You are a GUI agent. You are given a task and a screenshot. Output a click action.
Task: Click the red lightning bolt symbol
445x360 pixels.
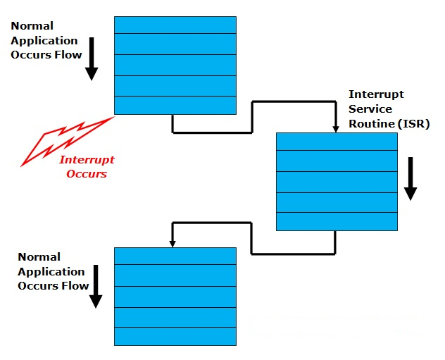click(67, 141)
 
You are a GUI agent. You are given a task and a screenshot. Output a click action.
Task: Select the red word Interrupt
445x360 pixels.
click(87, 160)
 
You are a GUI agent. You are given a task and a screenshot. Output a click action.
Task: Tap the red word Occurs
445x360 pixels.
click(87, 174)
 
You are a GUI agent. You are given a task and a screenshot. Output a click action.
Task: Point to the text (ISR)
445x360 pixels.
click(412, 124)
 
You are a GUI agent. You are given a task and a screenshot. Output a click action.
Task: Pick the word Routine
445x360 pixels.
click(371, 124)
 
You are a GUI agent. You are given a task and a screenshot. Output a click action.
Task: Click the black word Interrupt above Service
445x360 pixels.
click(376, 94)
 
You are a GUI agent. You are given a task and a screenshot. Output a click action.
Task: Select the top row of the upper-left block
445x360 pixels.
click(175, 25)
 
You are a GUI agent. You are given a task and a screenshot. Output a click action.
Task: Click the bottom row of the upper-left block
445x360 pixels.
click(175, 105)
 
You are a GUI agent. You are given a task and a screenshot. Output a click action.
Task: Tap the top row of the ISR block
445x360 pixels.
click(337, 142)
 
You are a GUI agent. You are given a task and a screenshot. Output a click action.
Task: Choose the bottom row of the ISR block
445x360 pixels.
click(337, 221)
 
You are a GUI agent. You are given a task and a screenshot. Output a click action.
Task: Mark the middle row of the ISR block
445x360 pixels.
click(337, 182)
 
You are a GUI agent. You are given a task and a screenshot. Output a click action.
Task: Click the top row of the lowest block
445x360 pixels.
click(175, 256)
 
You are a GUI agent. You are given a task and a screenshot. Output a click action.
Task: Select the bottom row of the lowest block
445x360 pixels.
click(175, 336)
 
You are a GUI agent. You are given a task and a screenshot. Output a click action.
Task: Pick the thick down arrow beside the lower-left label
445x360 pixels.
click(96, 289)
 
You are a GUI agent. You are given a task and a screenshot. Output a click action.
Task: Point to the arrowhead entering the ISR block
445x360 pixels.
click(335, 128)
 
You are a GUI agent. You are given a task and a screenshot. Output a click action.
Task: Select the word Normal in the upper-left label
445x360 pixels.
click(32, 26)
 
